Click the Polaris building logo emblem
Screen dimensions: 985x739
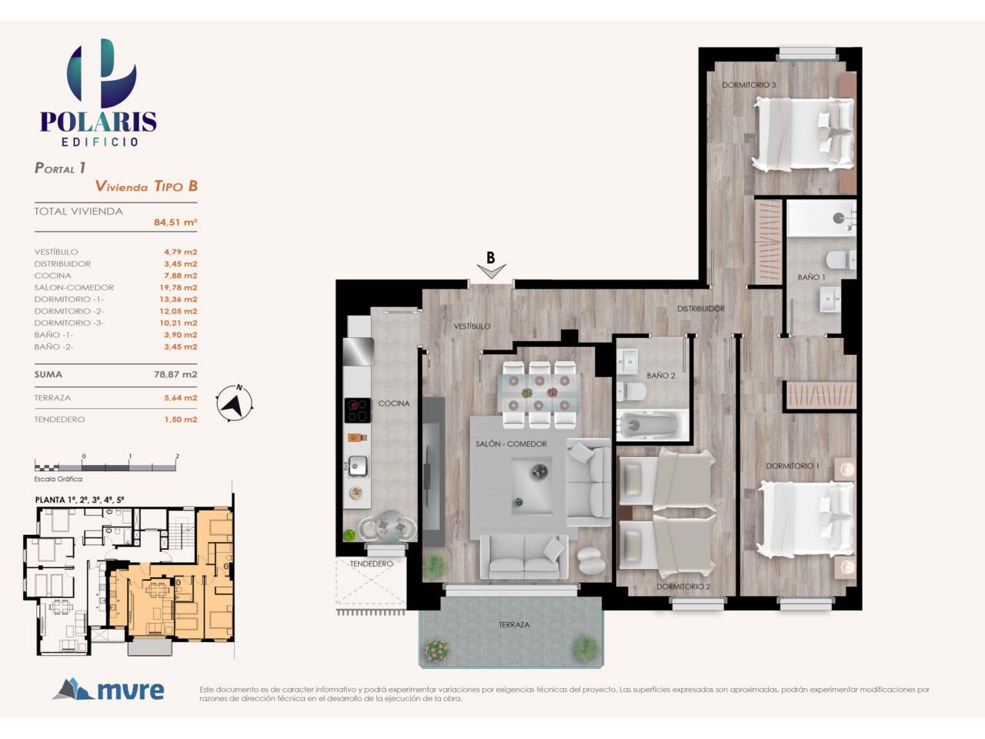102,73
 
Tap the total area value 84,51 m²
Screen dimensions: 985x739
175,222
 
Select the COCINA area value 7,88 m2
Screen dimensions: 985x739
180,276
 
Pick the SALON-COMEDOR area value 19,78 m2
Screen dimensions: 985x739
179,287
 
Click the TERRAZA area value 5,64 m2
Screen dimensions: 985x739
180,397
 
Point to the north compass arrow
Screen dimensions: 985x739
234,403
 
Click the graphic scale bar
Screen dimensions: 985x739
105,467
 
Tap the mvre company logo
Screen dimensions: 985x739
109,690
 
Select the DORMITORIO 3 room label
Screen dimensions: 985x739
749,85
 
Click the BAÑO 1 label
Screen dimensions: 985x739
811,277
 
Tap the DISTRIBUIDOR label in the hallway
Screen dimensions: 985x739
701,309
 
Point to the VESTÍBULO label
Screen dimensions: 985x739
472,326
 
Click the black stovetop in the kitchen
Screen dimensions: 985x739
358,410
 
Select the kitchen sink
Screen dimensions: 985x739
357,466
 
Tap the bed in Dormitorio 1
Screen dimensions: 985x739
806,520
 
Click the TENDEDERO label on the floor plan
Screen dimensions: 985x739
371,563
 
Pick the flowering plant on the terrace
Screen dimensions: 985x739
436,650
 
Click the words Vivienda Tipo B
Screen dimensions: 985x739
146,186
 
